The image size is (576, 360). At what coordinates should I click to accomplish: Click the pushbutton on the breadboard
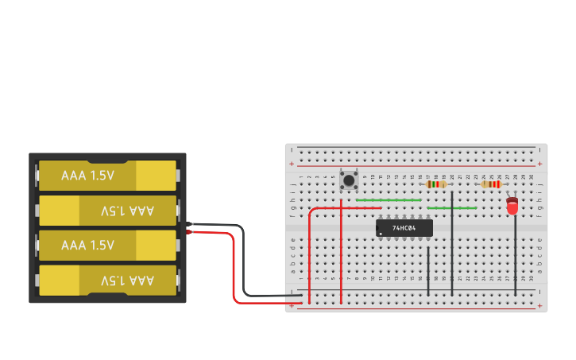349,180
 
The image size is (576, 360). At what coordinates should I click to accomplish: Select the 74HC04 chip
404,228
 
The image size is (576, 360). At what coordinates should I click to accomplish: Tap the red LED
512,207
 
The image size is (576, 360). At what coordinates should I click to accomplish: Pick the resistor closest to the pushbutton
436,184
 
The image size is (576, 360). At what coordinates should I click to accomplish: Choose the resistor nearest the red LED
491,184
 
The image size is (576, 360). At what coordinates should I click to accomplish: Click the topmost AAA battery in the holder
107,176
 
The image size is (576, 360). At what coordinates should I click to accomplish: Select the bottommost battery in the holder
107,281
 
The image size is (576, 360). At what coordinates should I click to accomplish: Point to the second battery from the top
107,211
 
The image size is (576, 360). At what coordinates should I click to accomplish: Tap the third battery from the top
107,246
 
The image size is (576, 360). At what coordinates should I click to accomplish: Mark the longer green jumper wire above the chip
389,200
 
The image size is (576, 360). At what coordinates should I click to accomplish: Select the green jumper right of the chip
452,208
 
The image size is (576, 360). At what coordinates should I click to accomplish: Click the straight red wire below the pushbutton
341,254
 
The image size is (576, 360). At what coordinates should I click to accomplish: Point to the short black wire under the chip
428,270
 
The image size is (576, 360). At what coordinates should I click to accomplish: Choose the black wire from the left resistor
452,246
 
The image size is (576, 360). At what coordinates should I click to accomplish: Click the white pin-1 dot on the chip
381,234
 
